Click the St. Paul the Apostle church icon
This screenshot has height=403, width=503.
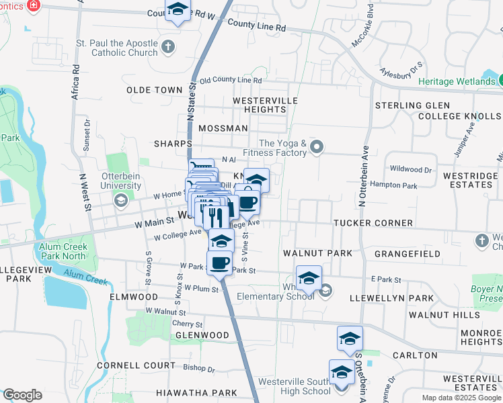click(167, 47)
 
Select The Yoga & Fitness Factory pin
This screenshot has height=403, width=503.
click(319, 146)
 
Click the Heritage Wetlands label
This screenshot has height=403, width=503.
click(457, 81)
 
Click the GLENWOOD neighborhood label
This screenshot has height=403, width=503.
click(202, 334)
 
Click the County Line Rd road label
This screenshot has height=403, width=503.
click(256, 26)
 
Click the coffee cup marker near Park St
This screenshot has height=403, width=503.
click(219, 261)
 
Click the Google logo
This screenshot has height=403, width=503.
click(22, 395)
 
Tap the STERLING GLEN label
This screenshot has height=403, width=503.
click(412, 105)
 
